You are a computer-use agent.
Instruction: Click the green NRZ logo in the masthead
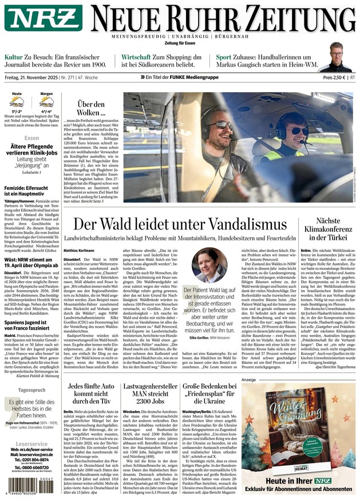pyautogui.click(x=43, y=19)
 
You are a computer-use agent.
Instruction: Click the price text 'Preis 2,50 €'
pyautogui.click(x=334, y=77)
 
